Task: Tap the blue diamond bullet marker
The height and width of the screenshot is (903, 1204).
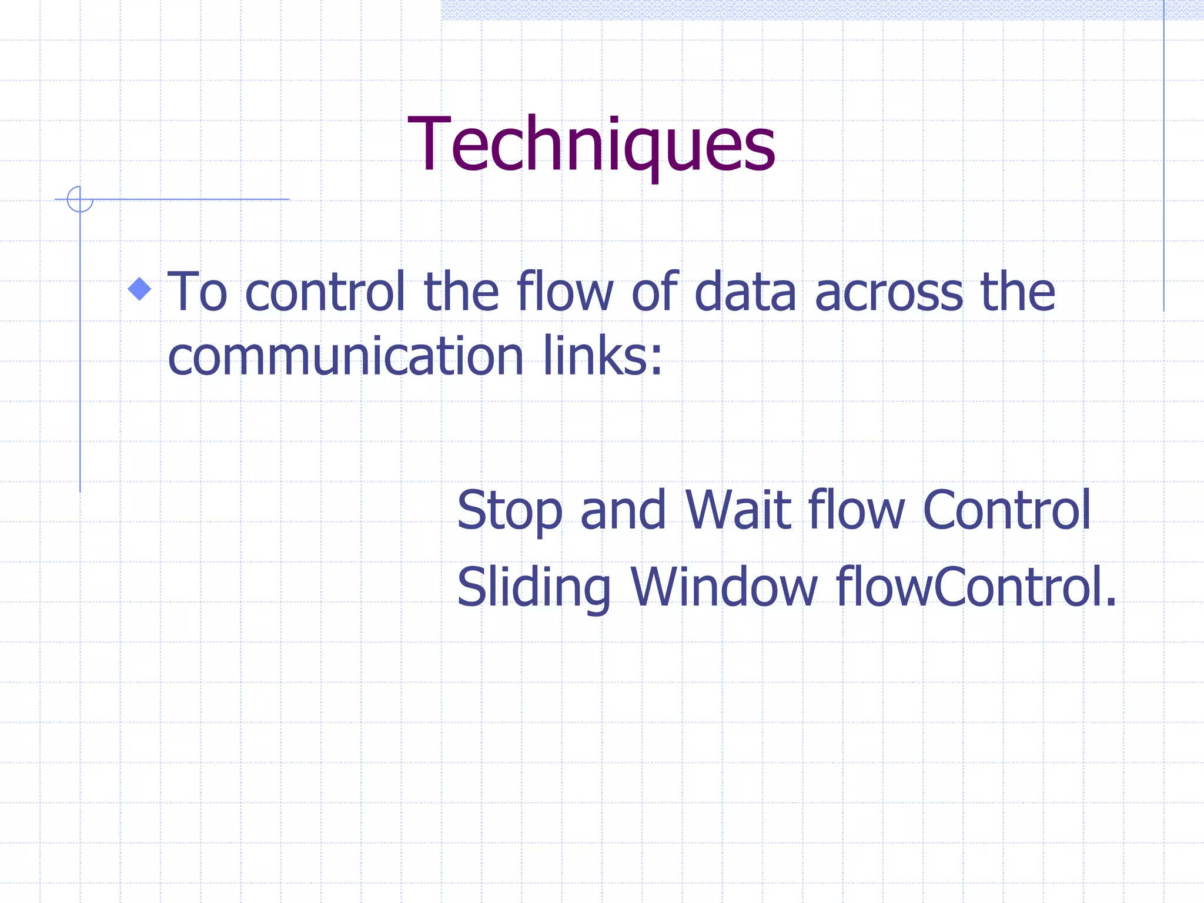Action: click(x=139, y=289)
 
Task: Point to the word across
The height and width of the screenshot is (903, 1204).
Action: click(x=888, y=293)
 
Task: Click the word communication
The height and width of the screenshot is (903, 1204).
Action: click(x=345, y=357)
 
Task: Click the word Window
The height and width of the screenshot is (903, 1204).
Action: click(x=724, y=587)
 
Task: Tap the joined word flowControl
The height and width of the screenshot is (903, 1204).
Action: click(x=975, y=587)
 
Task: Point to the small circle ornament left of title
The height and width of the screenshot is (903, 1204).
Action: click(x=80, y=199)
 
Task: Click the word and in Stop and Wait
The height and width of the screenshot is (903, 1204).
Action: click(x=623, y=510)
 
